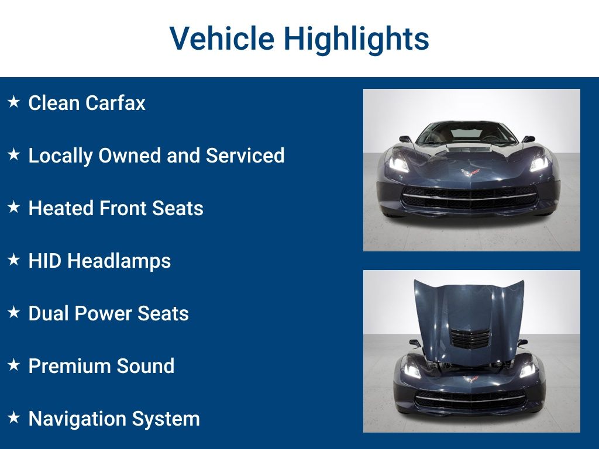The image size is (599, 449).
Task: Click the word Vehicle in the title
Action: pos(222,38)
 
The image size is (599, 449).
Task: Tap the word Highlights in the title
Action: pos(356,39)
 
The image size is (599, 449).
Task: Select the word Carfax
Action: pos(115,103)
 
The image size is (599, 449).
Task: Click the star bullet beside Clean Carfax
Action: pos(14,102)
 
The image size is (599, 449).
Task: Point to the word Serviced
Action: pos(245,156)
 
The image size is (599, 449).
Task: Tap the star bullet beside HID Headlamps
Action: pos(14,260)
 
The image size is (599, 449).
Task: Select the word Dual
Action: pos(49,313)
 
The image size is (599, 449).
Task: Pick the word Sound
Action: pos(146,366)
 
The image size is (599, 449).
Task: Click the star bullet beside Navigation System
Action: pos(14,417)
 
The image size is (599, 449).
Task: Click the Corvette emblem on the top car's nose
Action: pos(470,172)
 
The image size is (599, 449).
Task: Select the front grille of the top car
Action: pos(470,198)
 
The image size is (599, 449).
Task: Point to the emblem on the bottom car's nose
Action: pos(471,379)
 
